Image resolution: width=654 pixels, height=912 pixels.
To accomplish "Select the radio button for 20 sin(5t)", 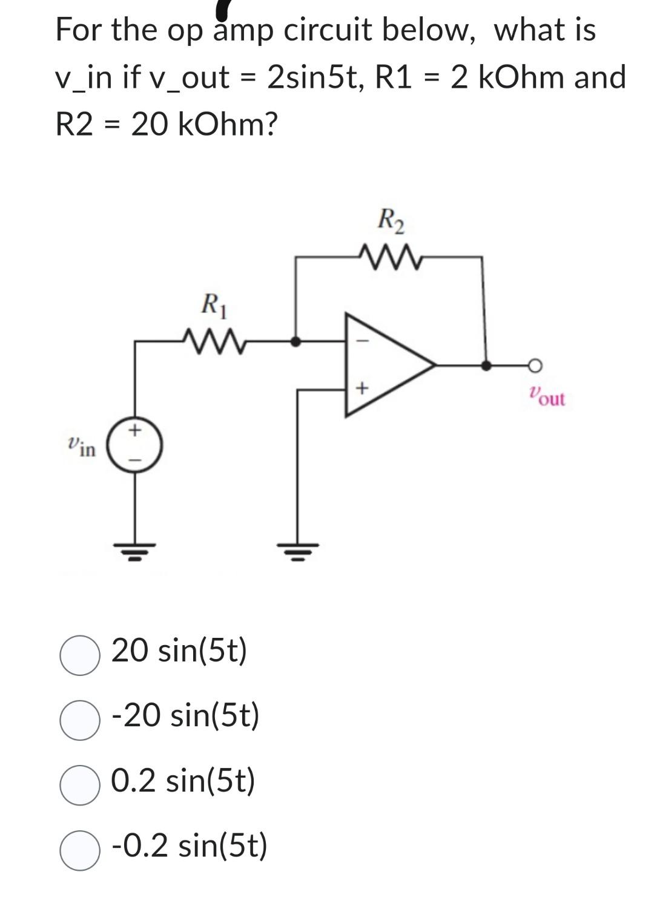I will point(80,654).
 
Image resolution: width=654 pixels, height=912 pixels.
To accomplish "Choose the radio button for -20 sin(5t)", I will point(80,720).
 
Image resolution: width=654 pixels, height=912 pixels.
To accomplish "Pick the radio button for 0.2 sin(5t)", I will point(80,785).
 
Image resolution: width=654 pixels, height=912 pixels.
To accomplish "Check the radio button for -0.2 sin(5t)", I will point(80,850).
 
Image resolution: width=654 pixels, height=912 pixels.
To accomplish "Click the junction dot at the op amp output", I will point(485,365).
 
